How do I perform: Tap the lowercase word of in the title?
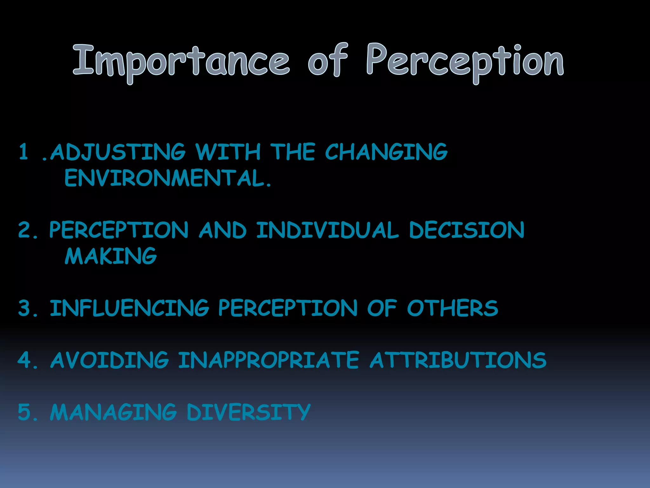(x=328, y=60)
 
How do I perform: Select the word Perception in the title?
(x=465, y=62)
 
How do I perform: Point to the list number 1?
(x=23, y=152)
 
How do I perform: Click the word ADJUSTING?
(x=118, y=152)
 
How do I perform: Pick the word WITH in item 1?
(x=228, y=152)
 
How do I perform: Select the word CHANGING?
(x=386, y=152)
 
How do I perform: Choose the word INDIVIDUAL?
(x=327, y=230)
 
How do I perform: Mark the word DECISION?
(x=467, y=230)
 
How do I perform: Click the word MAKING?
(x=111, y=256)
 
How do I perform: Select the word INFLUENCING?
(x=129, y=308)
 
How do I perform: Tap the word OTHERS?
(x=453, y=308)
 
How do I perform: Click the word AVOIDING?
(x=109, y=360)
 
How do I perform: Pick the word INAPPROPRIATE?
(x=269, y=360)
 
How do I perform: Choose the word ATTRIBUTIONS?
(x=458, y=360)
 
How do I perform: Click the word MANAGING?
(x=113, y=412)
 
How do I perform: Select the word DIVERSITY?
(x=249, y=412)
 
